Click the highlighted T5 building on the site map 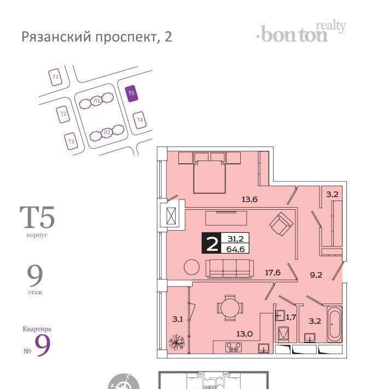(x=131, y=93)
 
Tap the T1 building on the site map (x=55, y=77)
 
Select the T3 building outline (x=71, y=141)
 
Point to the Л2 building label (x=107, y=133)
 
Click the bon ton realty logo (x=301, y=33)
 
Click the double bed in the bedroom (x=210, y=176)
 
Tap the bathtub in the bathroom (x=334, y=324)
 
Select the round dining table (x=230, y=308)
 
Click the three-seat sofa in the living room (x=230, y=268)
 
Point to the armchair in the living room (x=281, y=224)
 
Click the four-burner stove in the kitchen (x=234, y=347)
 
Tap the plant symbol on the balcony (x=176, y=342)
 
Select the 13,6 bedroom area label (x=250, y=199)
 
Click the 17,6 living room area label (x=273, y=273)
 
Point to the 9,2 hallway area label (x=316, y=275)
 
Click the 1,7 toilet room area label (x=291, y=317)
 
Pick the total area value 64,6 (x=235, y=249)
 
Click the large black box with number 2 (x=211, y=243)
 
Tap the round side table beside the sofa (x=192, y=267)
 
